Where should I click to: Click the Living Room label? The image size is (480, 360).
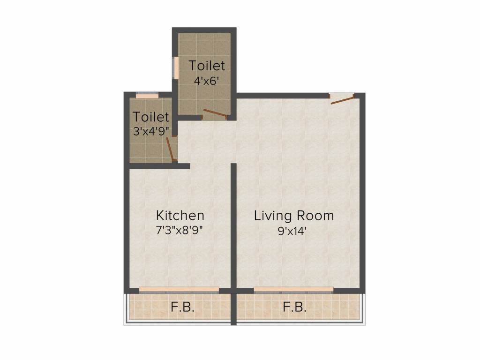click(x=294, y=216)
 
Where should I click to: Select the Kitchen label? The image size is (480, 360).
click(x=180, y=216)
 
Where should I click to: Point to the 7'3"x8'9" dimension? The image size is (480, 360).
click(x=180, y=231)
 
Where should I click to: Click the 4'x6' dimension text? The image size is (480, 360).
click(x=207, y=80)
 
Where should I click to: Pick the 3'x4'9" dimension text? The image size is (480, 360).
click(x=151, y=131)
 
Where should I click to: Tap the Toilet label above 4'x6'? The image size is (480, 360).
click(x=207, y=65)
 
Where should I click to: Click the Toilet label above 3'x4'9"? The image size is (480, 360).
click(x=151, y=116)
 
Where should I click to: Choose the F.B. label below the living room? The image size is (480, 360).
click(x=294, y=308)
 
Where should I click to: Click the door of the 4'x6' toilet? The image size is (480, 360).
click(x=214, y=113)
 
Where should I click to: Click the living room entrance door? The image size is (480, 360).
click(x=341, y=98)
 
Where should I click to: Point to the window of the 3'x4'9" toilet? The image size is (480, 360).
click(x=147, y=96)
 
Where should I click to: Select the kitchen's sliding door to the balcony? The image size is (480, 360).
click(x=179, y=290)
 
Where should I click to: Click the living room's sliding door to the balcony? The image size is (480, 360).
click(x=293, y=290)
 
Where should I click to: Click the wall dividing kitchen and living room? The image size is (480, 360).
click(x=233, y=225)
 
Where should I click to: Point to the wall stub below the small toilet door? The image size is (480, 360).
click(x=182, y=166)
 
